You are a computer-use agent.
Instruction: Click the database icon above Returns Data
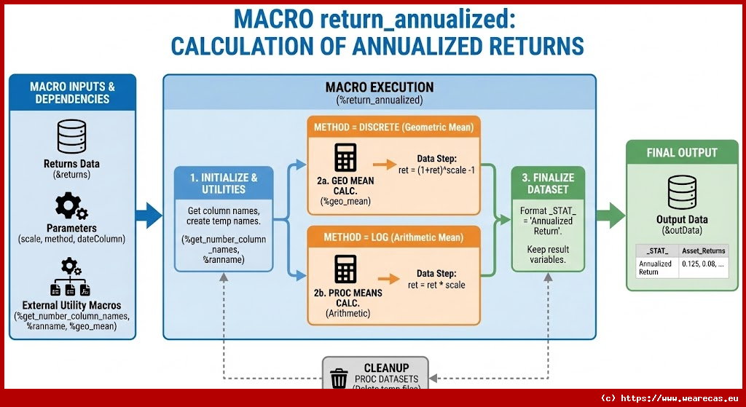(x=71, y=136)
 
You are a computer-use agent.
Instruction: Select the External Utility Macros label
(x=71, y=304)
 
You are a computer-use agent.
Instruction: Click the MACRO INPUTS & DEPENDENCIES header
(x=72, y=92)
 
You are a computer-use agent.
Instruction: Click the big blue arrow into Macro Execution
(x=149, y=215)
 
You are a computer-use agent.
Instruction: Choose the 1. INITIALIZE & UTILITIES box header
(x=224, y=183)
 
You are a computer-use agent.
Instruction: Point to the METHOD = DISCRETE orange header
(x=393, y=127)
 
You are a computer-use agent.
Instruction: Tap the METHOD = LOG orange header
(x=393, y=238)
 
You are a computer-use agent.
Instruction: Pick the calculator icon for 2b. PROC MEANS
(x=344, y=270)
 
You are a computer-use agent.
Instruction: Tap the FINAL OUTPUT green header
(x=682, y=153)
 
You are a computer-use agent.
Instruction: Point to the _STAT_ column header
(x=657, y=250)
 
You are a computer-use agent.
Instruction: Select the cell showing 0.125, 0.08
(x=703, y=264)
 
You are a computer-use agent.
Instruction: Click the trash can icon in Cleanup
(x=339, y=379)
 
